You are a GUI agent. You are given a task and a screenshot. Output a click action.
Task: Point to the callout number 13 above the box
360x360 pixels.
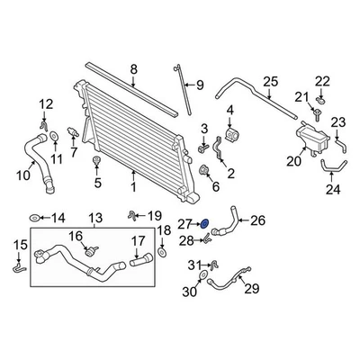pos(95,219)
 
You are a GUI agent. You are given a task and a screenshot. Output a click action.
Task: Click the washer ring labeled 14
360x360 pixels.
pos(35,219)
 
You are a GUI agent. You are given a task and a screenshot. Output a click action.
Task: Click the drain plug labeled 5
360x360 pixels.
pos(95,163)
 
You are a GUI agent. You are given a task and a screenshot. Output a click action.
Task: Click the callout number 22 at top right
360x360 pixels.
pos(323,82)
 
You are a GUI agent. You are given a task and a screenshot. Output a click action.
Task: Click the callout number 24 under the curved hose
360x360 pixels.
pos(332,190)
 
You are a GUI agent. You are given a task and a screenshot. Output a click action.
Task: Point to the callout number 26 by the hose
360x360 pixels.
pos(257,219)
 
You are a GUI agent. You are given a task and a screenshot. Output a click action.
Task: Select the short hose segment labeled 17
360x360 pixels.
pos(140,262)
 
